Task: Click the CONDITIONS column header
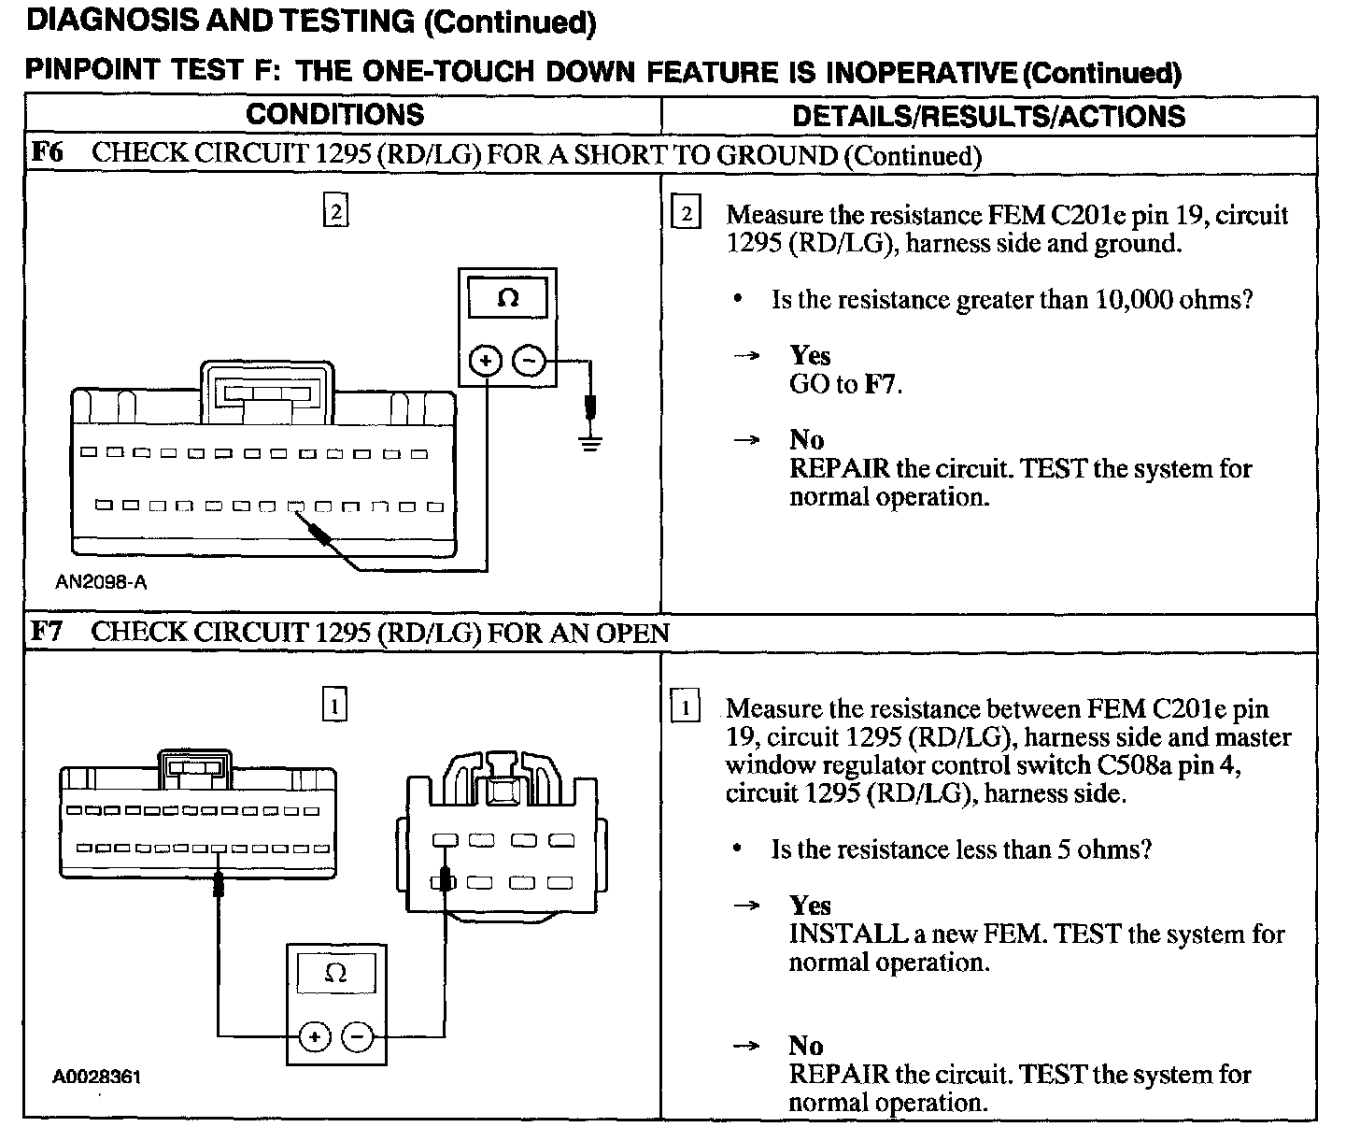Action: click(334, 115)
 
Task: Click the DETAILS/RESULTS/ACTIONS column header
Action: click(988, 116)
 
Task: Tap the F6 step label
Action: click(47, 152)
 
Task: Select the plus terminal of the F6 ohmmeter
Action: click(485, 361)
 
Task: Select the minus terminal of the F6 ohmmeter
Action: click(529, 361)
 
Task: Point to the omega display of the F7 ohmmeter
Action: click(335, 973)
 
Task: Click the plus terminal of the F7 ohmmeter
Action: click(315, 1036)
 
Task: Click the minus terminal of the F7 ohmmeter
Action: click(358, 1036)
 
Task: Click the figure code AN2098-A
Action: click(101, 582)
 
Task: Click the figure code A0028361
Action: click(96, 1077)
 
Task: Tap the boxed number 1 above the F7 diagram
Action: click(334, 704)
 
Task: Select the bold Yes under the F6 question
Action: click(810, 355)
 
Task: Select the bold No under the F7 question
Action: click(806, 1046)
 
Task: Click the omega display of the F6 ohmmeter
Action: click(508, 299)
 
